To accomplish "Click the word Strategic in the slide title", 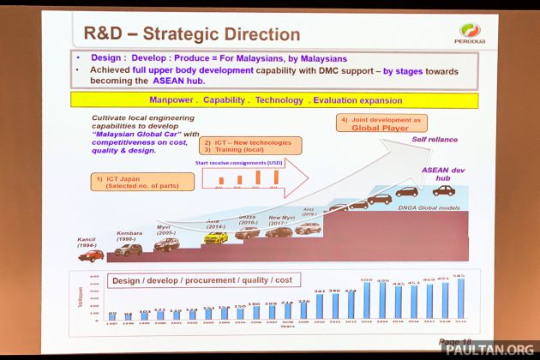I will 185,34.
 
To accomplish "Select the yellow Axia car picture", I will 215,237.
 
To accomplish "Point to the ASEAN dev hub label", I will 442,174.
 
